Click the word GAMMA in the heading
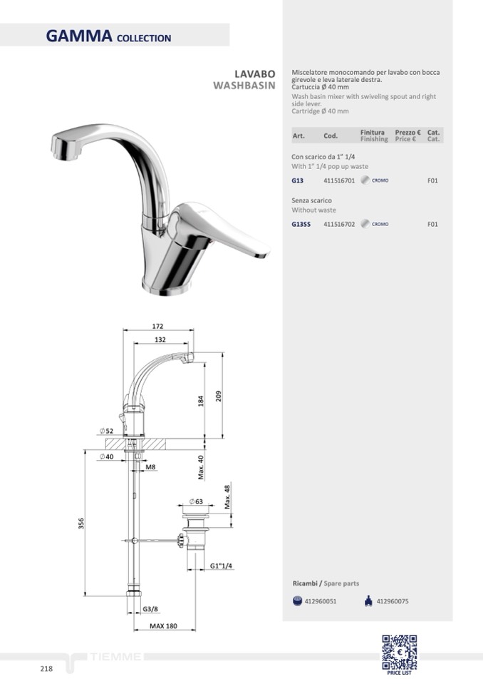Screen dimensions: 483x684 tap(79, 36)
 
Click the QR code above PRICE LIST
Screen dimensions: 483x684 tap(399, 652)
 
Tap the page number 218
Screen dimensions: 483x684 tap(46, 669)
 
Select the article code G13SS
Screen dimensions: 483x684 tap(301, 224)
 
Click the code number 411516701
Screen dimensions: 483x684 tap(339, 180)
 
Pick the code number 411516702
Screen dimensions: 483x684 tap(339, 224)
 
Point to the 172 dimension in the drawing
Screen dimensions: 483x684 tap(157, 326)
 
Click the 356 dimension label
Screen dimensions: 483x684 tap(81, 524)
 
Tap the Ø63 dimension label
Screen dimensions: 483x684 tap(197, 501)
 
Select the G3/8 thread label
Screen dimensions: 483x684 tap(150, 609)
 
